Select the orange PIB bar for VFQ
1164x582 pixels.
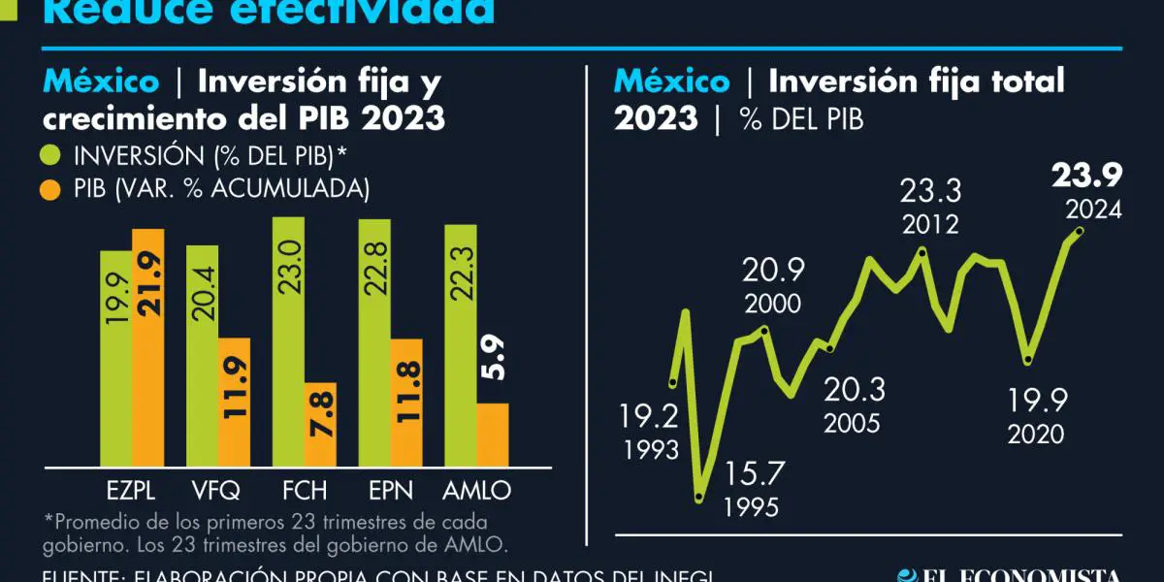coord(234,402)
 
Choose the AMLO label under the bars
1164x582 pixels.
coord(475,490)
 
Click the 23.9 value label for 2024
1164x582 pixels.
coord(1086,177)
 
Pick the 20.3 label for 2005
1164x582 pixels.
coord(854,390)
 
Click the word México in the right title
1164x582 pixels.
coord(671,81)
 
